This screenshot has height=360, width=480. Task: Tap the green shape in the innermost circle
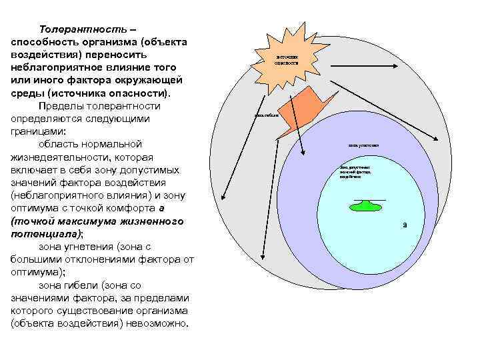tap(369, 206)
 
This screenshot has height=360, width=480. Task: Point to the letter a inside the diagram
tap(405, 225)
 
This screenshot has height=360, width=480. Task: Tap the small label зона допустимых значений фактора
tap(355, 172)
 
